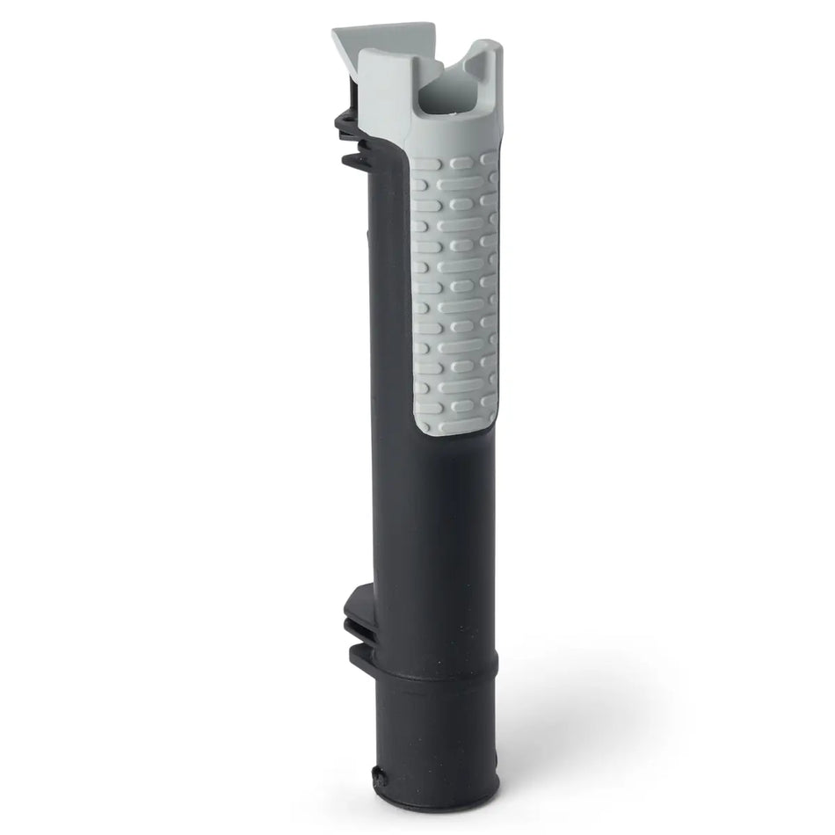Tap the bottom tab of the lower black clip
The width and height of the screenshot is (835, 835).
(x=360, y=655)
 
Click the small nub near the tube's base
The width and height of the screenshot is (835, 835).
(x=379, y=774)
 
